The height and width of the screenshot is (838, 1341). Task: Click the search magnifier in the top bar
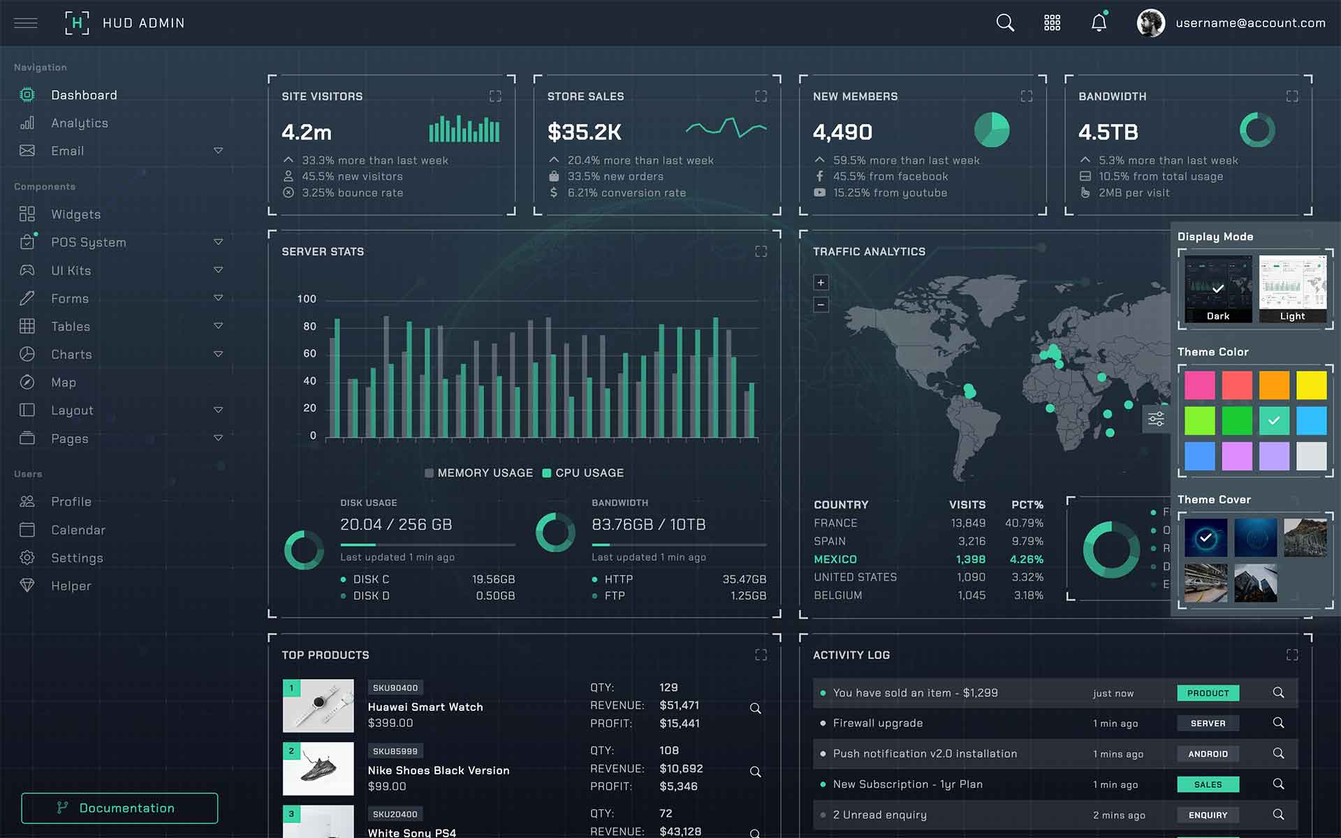tap(1005, 23)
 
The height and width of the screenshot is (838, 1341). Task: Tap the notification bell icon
tap(1099, 23)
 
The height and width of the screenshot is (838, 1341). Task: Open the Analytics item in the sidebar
tap(79, 123)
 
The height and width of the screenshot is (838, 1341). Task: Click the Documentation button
tap(119, 808)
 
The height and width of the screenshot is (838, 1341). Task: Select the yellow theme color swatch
tap(1311, 385)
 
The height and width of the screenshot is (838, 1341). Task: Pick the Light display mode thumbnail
tap(1292, 288)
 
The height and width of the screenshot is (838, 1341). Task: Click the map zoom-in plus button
tap(821, 283)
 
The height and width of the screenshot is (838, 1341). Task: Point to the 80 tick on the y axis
tap(309, 326)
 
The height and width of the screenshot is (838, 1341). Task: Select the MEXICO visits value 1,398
tap(970, 559)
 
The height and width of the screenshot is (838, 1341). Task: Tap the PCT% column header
tap(1027, 505)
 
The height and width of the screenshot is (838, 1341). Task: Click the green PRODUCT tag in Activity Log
tap(1208, 693)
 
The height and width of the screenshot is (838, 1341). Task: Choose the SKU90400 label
tap(395, 688)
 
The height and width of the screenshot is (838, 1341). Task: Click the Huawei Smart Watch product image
tap(318, 705)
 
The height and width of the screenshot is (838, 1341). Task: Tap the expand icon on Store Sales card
tap(761, 96)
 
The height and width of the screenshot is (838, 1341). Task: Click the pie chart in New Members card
tap(992, 130)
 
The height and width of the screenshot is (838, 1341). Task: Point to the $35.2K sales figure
tap(584, 132)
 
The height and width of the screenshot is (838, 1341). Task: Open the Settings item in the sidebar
tap(77, 558)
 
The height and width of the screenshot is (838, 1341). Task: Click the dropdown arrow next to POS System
tap(218, 242)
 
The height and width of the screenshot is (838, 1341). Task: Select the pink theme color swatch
tap(1199, 385)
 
